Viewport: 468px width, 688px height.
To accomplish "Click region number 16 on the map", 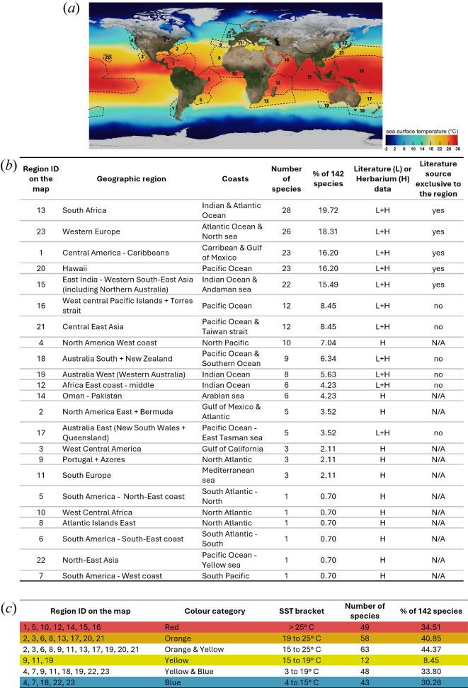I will coord(361,71).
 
